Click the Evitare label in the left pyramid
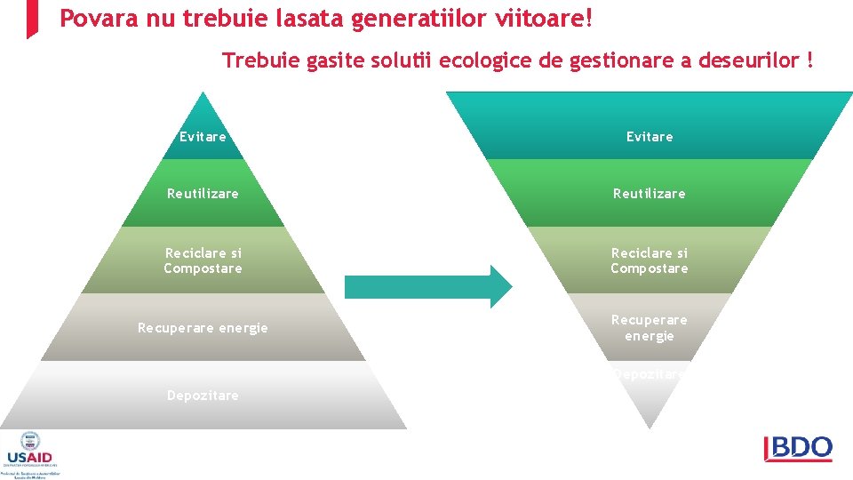tap(203, 137)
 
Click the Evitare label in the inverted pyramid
tap(650, 137)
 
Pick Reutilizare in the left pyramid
tap(203, 193)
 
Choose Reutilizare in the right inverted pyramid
tap(650, 193)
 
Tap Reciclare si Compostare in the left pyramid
tap(203, 260)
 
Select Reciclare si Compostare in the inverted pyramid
tap(650, 260)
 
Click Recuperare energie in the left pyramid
tap(203, 328)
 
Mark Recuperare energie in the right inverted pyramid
tap(650, 328)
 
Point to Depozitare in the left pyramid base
tap(203, 396)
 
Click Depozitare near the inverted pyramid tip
tap(650, 374)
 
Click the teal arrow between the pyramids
tap(427, 286)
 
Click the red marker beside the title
tap(32, 18)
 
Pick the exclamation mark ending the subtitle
tap(809, 60)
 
